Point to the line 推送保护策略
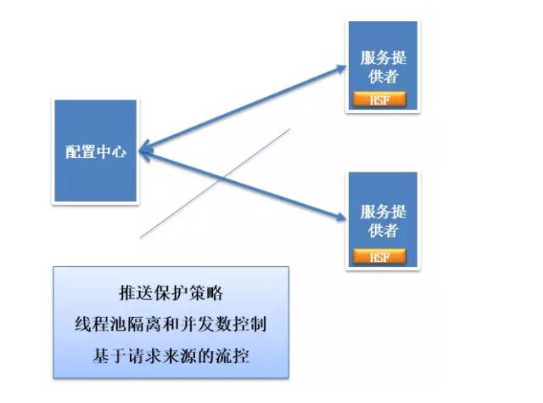(170, 293)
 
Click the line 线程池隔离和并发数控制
(170, 325)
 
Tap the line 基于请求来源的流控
(170, 356)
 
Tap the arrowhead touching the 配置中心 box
(144, 153)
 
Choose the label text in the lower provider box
(382, 221)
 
